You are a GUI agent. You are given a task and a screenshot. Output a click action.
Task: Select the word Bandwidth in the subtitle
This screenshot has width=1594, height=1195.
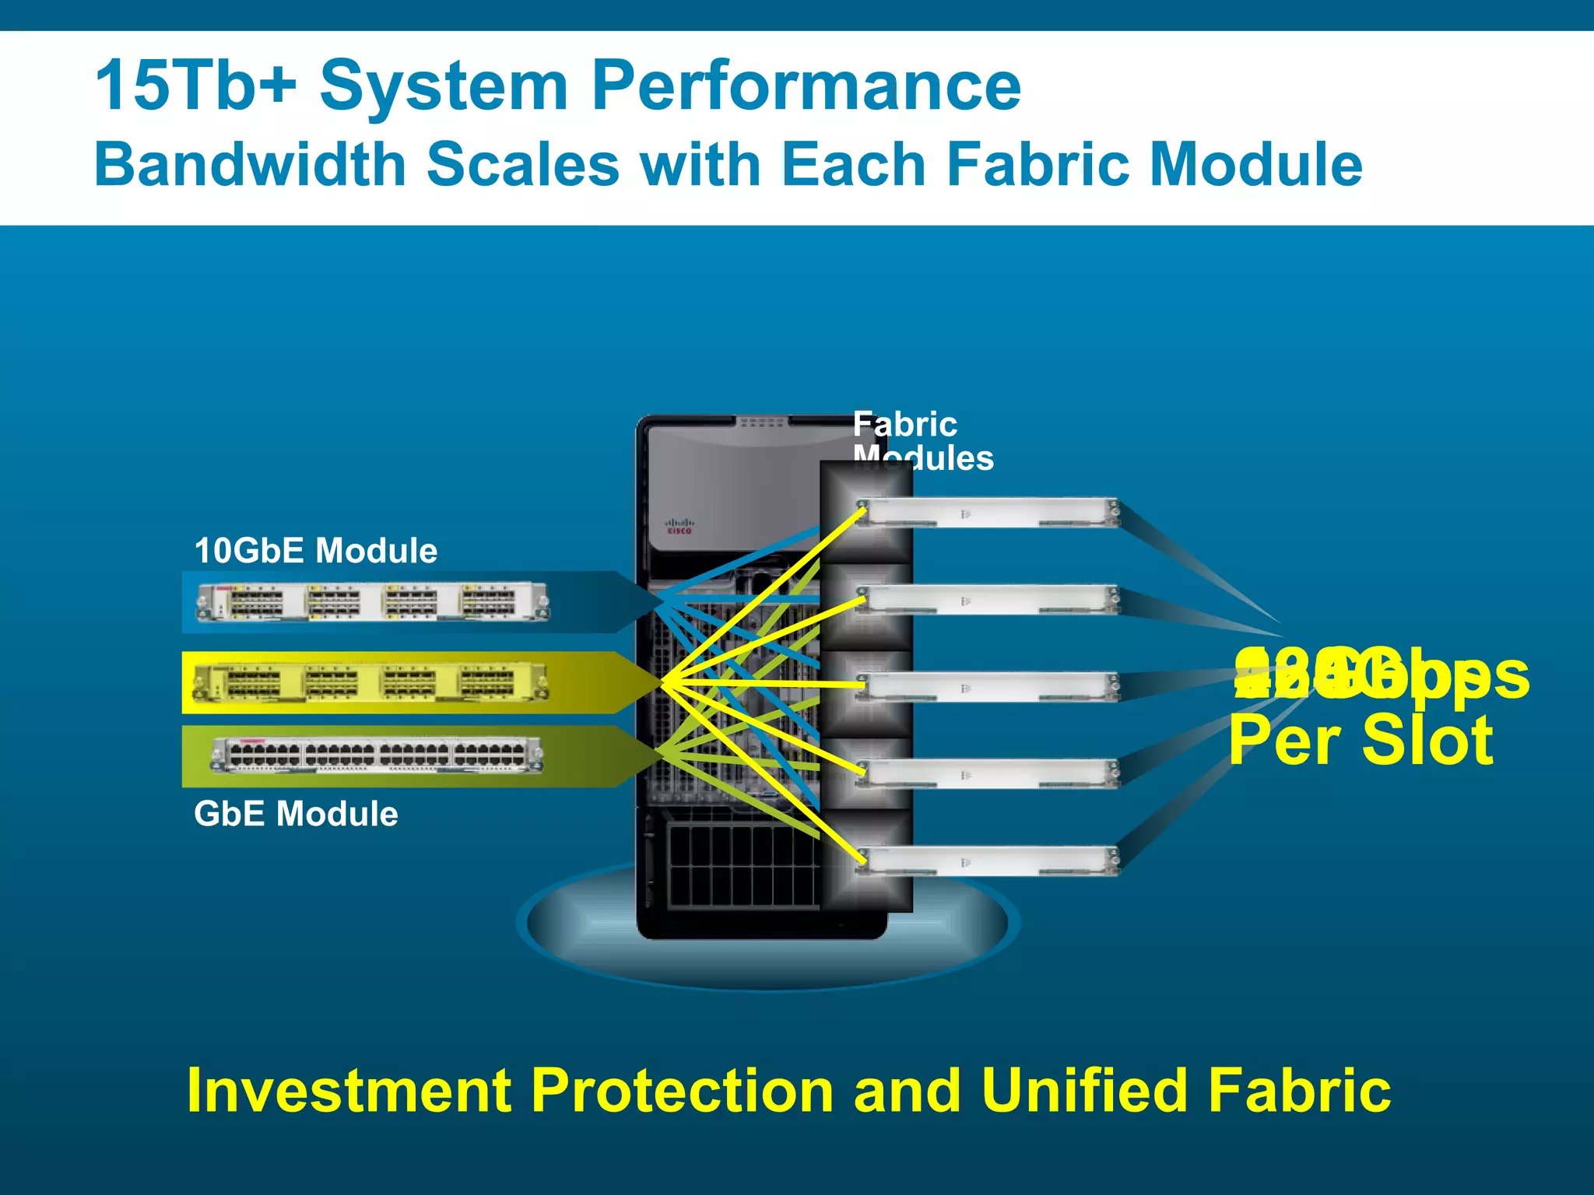click(x=250, y=165)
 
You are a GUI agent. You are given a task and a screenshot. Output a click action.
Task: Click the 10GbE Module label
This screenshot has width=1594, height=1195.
click(x=315, y=551)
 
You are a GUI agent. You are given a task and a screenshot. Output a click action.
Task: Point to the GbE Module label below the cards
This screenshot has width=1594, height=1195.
click(x=296, y=815)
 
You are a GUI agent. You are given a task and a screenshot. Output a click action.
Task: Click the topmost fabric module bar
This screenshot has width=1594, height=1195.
click(x=988, y=513)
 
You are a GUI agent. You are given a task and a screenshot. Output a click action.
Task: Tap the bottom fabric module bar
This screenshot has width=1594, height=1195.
click(x=988, y=861)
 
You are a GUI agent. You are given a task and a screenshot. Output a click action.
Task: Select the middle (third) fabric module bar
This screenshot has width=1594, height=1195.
click(x=988, y=687)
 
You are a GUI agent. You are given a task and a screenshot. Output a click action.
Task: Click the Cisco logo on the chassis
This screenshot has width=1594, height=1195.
click(x=679, y=527)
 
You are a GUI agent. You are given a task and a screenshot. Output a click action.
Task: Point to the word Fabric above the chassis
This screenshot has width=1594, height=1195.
click(x=904, y=425)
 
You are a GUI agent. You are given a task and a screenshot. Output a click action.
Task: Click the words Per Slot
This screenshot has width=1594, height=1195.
click(x=1361, y=741)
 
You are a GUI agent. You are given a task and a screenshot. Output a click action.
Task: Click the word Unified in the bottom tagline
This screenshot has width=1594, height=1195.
click(x=1086, y=1091)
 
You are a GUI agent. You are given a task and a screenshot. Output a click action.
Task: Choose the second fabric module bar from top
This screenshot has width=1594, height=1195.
click(x=988, y=600)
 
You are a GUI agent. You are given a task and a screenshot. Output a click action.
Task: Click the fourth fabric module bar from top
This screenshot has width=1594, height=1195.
click(x=988, y=774)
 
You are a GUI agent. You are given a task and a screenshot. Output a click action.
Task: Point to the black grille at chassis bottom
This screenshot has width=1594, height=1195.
click(x=739, y=864)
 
